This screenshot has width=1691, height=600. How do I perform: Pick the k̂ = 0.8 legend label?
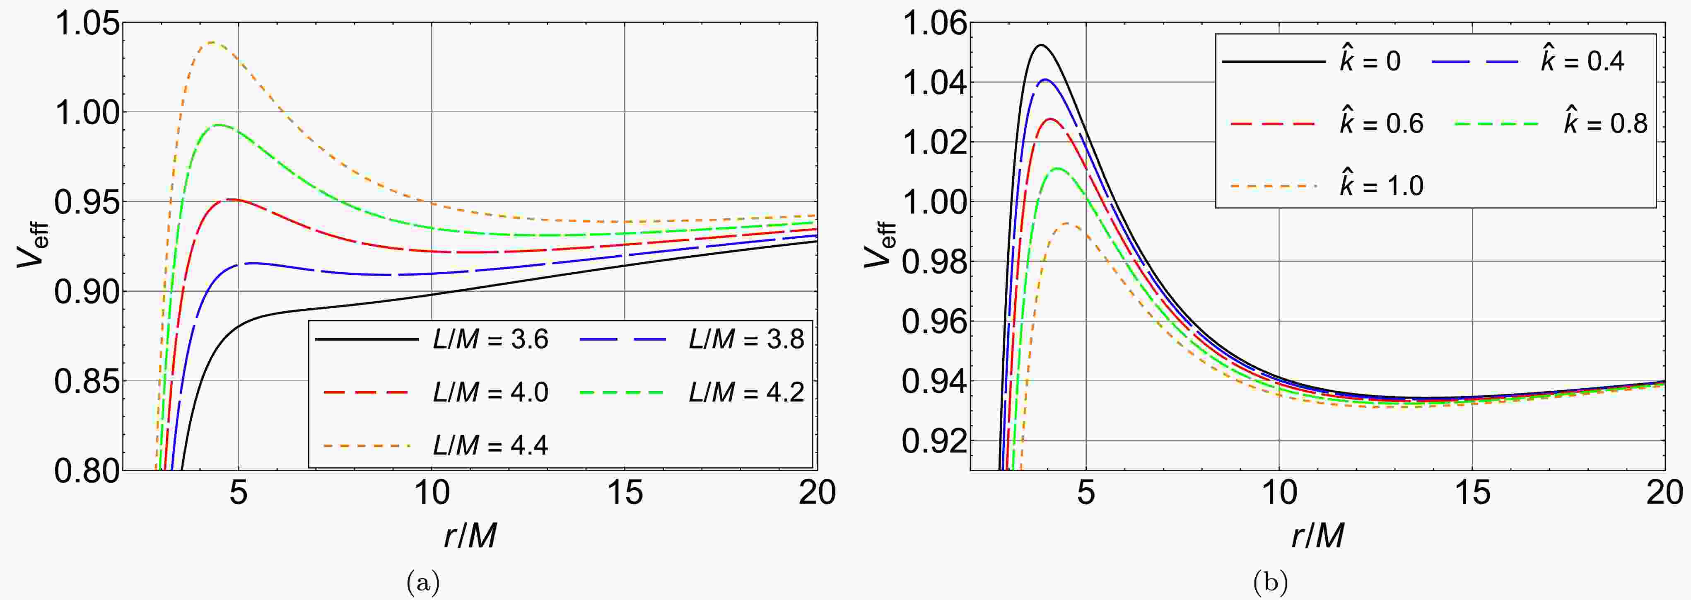point(1605,123)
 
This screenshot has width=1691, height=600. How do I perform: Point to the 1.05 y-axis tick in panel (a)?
point(87,24)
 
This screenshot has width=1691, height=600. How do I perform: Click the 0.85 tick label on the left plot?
point(87,381)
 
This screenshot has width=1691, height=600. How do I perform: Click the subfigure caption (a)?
point(423,582)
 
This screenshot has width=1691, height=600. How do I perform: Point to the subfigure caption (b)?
point(1270,582)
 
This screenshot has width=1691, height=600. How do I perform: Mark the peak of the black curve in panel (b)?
point(1040,45)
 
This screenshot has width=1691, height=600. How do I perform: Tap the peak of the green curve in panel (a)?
point(219,125)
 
